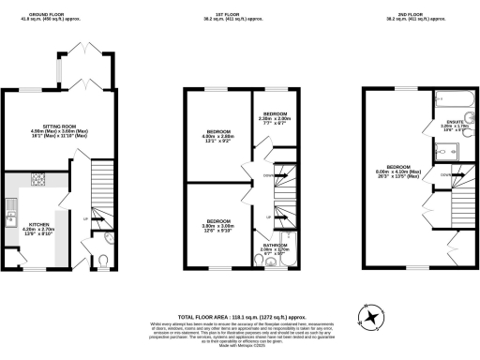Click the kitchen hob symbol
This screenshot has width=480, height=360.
pyautogui.click(x=39, y=177)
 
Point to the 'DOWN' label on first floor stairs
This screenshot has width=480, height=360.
pyautogui.click(x=266, y=175)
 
